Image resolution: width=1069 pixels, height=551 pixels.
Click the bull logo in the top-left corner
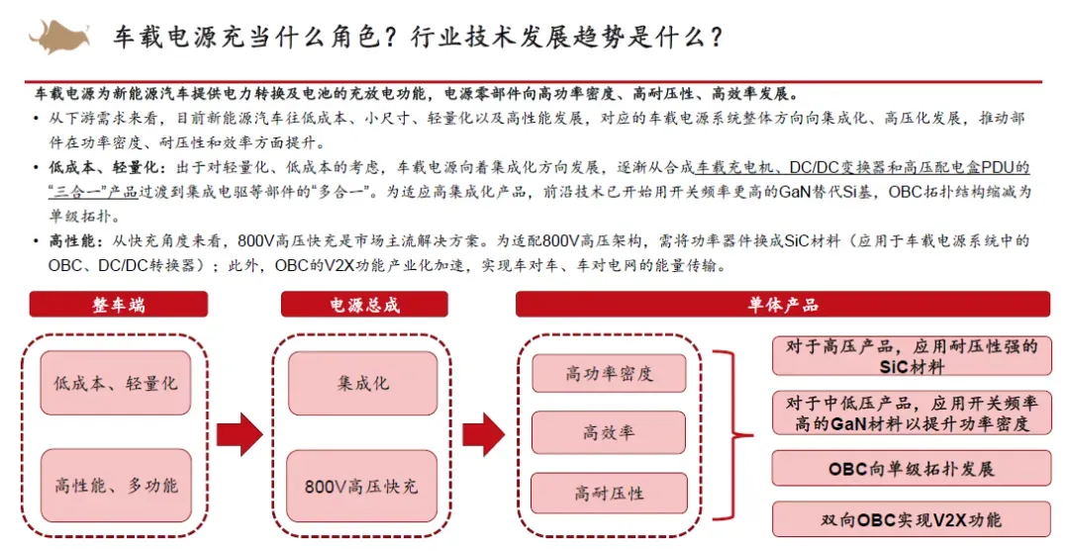click(62, 36)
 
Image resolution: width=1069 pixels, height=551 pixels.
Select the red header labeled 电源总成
click(365, 304)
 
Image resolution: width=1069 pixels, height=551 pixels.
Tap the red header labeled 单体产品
click(782, 304)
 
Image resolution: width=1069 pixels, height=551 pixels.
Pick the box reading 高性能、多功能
click(117, 485)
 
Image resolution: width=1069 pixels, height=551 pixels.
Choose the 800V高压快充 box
click(363, 485)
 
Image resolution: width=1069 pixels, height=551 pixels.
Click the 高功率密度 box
click(609, 374)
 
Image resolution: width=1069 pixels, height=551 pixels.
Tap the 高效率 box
click(609, 432)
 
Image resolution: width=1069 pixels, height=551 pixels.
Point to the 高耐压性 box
click(609, 493)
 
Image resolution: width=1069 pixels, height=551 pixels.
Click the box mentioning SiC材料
click(912, 356)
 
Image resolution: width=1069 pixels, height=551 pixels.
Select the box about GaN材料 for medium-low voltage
click(912, 413)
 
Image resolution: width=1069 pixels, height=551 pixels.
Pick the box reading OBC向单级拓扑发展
click(912, 469)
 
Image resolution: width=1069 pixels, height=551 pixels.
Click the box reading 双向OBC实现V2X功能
click(912, 519)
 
